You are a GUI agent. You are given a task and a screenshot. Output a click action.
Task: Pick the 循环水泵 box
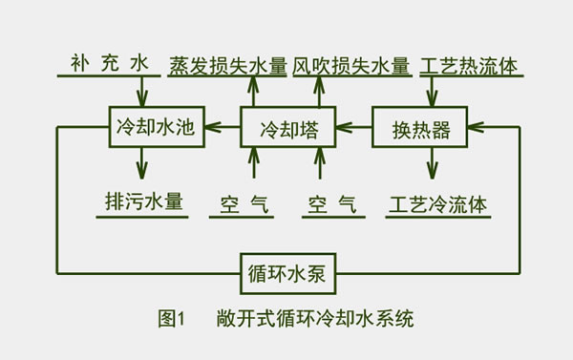287,274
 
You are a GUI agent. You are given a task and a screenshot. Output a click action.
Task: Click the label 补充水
111,64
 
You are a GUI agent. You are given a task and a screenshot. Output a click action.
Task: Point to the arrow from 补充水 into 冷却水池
143,92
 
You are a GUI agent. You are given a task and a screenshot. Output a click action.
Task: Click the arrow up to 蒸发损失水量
253,92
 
